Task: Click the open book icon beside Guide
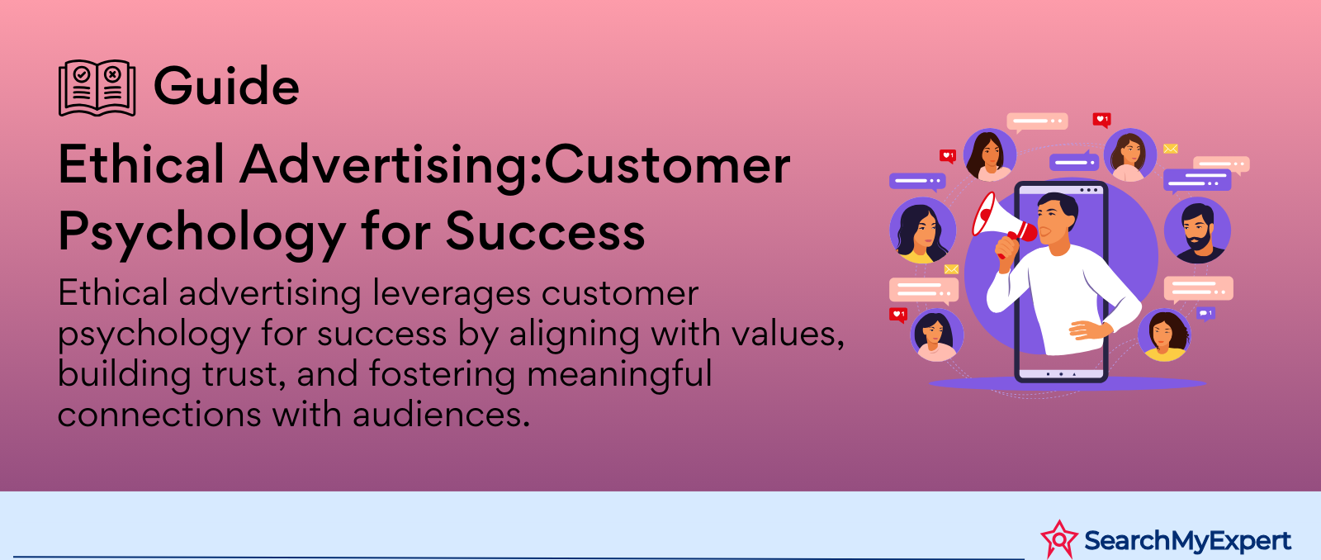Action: click(97, 88)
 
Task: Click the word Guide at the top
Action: click(226, 87)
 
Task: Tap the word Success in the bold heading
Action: click(545, 230)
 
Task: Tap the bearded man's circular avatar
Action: click(1197, 230)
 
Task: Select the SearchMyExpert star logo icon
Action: click(1059, 539)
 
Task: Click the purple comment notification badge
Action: click(1205, 313)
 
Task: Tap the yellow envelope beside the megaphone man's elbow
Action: click(951, 269)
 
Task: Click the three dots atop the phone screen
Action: click(1089, 190)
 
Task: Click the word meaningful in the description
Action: click(619, 375)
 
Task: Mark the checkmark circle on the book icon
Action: click(82, 74)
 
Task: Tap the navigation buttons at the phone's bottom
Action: click(1061, 374)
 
